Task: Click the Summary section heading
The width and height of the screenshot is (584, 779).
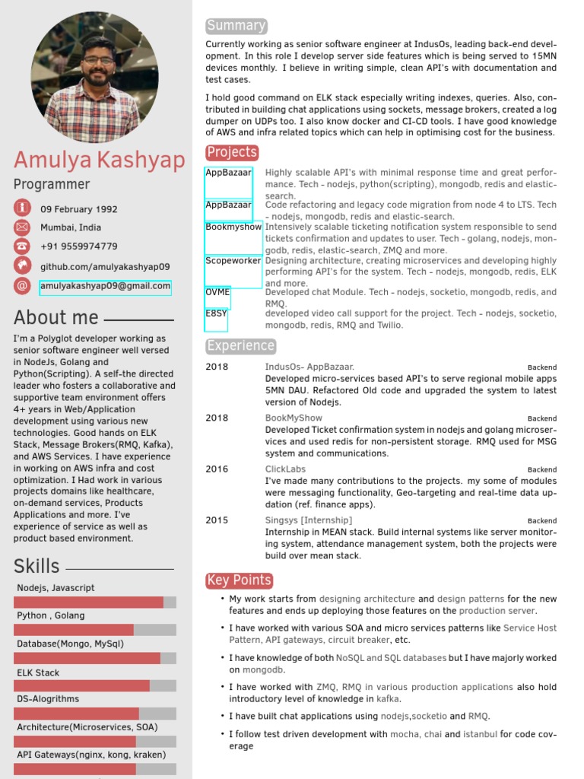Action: pyautogui.click(x=236, y=26)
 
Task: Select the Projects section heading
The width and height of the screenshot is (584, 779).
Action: pyautogui.click(x=232, y=152)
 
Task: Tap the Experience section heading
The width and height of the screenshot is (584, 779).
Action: pyautogui.click(x=240, y=346)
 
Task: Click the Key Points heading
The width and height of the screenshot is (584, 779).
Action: pyautogui.click(x=239, y=580)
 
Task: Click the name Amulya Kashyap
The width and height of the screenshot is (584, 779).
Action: pyautogui.click(x=99, y=161)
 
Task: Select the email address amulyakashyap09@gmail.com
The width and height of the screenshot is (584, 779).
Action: pyautogui.click(x=105, y=286)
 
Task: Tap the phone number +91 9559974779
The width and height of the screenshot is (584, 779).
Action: pyautogui.click(x=78, y=246)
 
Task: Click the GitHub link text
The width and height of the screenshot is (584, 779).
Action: pyautogui.click(x=105, y=267)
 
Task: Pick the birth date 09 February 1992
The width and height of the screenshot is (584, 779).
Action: pyautogui.click(x=78, y=209)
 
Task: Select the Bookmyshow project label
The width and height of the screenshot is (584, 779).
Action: pyautogui.click(x=233, y=227)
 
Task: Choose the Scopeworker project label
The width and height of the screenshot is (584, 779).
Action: pyautogui.click(x=233, y=260)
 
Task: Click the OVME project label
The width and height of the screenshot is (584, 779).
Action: pyautogui.click(x=217, y=292)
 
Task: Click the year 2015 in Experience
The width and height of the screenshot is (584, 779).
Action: pyautogui.click(x=217, y=520)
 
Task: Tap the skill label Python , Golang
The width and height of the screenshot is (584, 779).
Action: pyautogui.click(x=50, y=615)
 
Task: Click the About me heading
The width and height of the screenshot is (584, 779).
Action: pyautogui.click(x=56, y=318)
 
